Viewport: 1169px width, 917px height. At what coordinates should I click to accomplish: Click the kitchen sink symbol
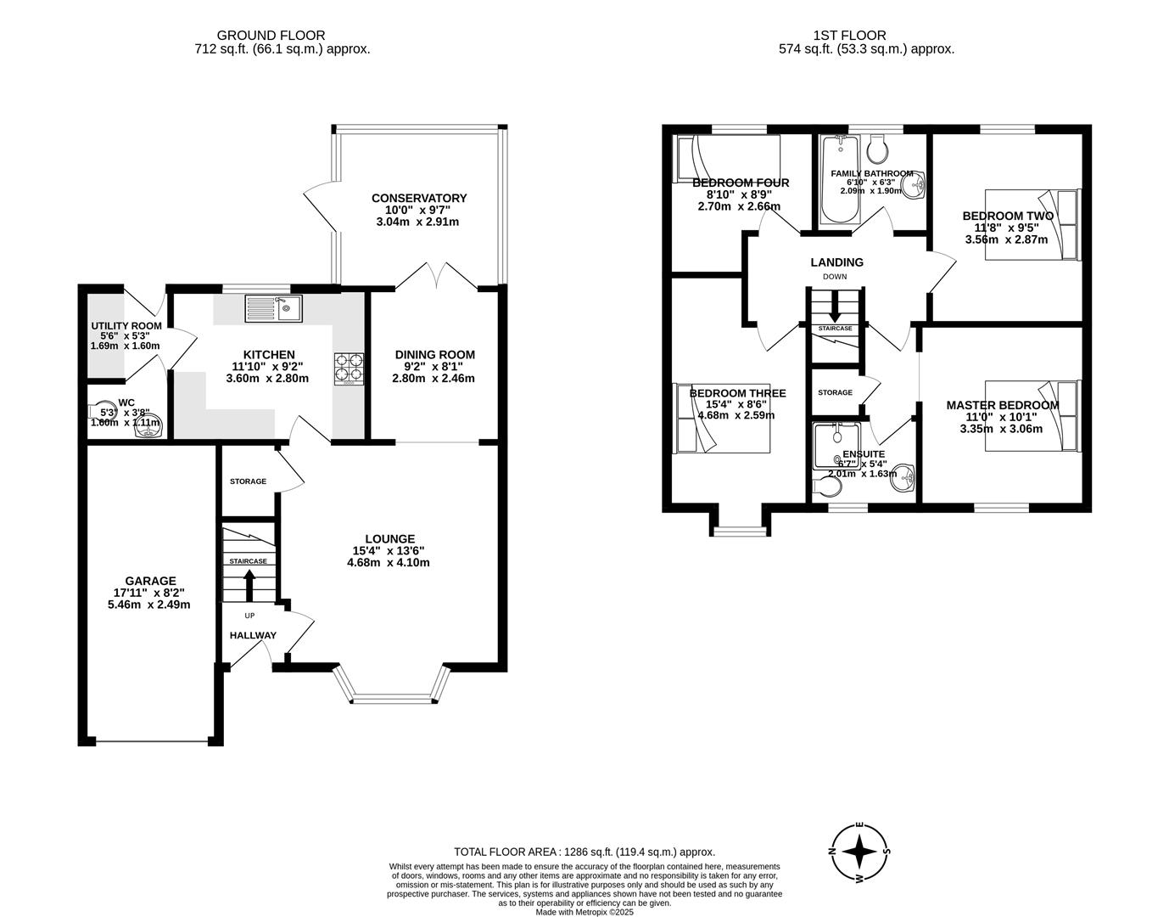pos(273,307)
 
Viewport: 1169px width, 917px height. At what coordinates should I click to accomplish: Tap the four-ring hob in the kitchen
pos(350,368)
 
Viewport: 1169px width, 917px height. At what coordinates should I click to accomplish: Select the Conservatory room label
pos(418,199)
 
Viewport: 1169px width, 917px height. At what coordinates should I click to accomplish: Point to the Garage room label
pos(151,581)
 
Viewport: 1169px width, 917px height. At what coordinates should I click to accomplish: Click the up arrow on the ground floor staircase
pos(249,585)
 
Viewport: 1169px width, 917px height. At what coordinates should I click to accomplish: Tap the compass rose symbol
pos(860,852)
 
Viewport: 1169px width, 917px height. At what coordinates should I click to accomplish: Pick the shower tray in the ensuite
pos(836,447)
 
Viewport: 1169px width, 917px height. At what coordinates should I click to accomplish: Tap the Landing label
pos(836,262)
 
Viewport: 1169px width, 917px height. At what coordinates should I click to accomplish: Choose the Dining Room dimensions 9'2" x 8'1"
pos(433,367)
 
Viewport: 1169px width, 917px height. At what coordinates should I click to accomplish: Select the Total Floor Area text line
pos(584,852)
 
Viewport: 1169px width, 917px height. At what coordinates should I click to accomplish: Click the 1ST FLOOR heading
pos(849,36)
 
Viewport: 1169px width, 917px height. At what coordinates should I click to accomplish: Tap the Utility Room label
pos(126,326)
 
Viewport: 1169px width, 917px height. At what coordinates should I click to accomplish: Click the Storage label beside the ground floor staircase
pos(248,481)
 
